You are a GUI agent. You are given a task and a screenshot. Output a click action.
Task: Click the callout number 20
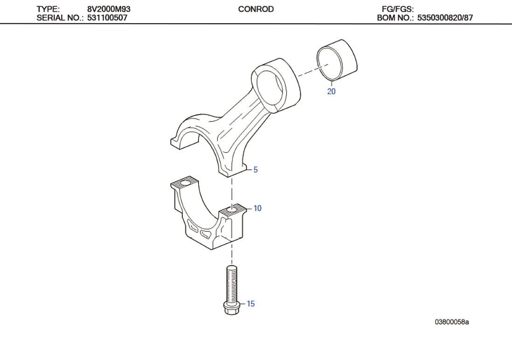331,91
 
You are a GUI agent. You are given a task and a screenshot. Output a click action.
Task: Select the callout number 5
256,170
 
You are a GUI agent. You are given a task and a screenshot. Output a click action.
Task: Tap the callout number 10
257,208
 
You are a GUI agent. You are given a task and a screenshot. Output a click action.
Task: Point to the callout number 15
251,304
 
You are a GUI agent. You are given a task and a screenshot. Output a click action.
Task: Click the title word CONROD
256,9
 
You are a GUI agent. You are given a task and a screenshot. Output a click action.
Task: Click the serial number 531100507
107,18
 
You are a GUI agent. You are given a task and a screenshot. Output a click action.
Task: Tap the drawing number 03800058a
452,322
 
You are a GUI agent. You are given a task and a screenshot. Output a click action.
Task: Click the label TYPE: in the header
48,9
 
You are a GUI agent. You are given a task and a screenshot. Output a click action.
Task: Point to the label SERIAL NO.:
60,18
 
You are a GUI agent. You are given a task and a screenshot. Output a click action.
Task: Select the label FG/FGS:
398,9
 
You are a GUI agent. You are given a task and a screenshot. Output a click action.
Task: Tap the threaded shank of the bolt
231,283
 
